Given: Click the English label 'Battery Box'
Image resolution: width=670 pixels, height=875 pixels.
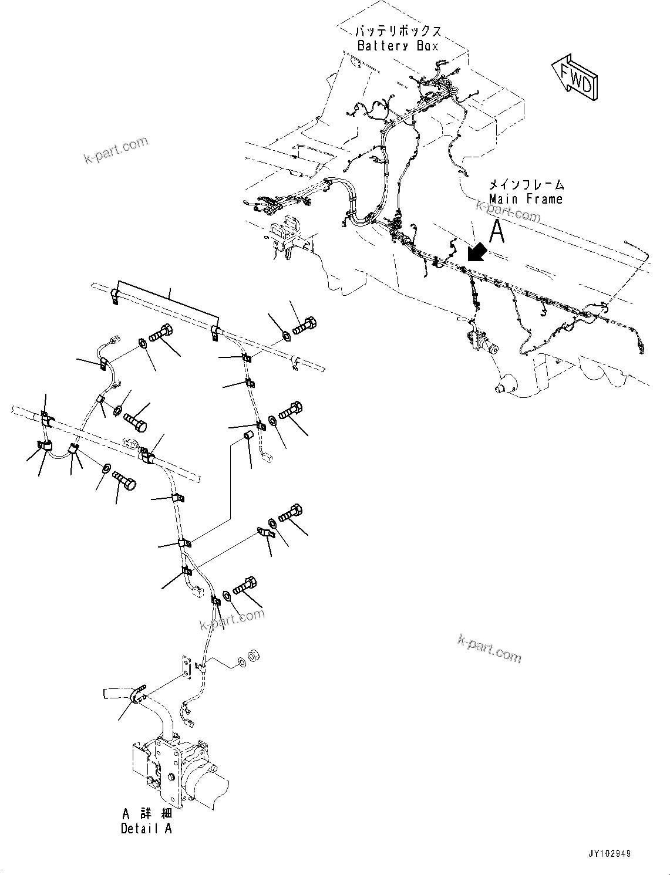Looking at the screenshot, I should coord(398,46).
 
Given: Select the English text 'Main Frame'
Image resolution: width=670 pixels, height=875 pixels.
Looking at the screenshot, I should coord(526,200).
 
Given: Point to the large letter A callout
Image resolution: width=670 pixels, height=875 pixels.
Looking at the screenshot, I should coord(497,231).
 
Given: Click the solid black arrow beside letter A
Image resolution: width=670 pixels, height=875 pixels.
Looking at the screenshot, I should coord(476,252).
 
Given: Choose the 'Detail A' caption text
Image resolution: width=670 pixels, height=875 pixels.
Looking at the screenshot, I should coord(146,829).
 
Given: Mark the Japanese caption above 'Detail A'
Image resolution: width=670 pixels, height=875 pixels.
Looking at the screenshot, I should coord(146,814).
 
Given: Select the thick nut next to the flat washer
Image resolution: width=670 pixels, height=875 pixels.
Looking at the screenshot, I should coord(254,655).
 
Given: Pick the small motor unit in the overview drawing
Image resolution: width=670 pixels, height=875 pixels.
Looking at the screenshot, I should coord(480,342).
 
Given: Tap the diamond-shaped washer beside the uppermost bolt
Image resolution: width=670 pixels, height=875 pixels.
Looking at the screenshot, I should coord(285,335).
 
